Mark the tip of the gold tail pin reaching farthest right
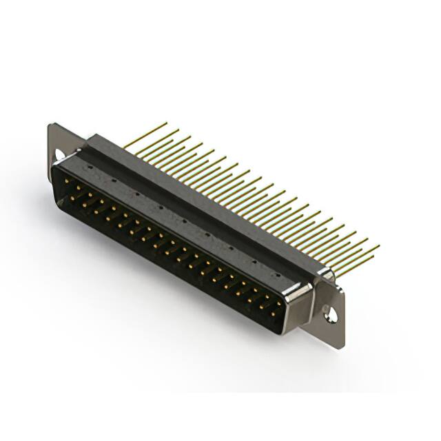point(378,245)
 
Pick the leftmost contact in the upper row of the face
point(65,181)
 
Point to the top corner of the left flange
point(51,125)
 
